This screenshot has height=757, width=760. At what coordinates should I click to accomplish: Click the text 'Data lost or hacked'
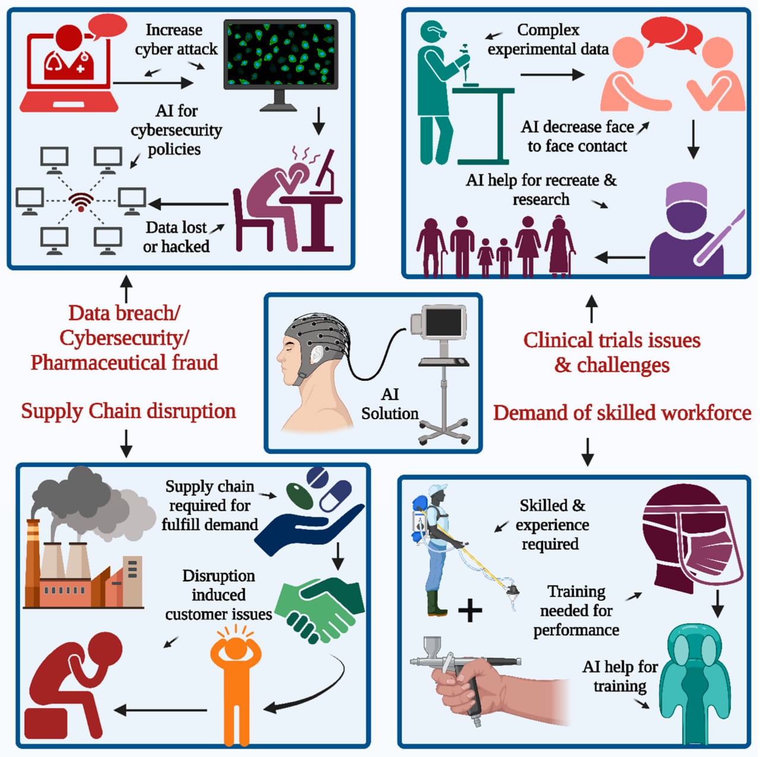(176, 237)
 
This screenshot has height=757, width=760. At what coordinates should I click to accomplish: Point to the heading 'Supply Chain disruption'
(128, 411)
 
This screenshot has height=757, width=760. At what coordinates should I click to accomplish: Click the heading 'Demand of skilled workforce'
(622, 413)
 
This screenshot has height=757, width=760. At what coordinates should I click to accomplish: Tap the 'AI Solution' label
(389, 404)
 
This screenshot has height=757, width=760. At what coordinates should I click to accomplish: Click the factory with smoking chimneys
(83, 558)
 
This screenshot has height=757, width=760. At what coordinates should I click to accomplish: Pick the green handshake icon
(321, 609)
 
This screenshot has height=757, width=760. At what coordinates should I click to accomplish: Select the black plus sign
(470, 610)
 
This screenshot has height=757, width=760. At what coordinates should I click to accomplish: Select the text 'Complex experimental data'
(548, 39)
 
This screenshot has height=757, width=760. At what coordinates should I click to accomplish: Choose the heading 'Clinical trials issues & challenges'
(612, 352)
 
